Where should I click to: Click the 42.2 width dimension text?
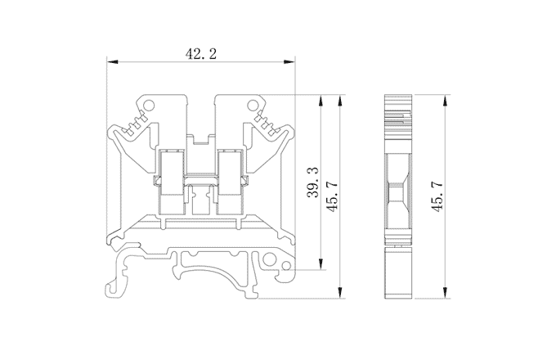(200, 54)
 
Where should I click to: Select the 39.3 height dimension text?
(313, 182)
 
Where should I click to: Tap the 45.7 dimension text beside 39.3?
(333, 197)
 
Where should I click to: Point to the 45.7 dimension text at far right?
(437, 197)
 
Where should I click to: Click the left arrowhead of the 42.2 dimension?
(112, 62)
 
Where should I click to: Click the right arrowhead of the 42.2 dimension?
(289, 62)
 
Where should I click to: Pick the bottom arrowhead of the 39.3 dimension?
(321, 264)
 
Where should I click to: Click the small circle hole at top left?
(149, 105)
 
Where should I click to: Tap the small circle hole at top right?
(253, 105)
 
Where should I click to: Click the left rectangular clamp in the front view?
(172, 182)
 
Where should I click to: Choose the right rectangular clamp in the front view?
(231, 182)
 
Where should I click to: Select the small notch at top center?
(201, 139)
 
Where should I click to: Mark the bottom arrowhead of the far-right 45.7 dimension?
(445, 293)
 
